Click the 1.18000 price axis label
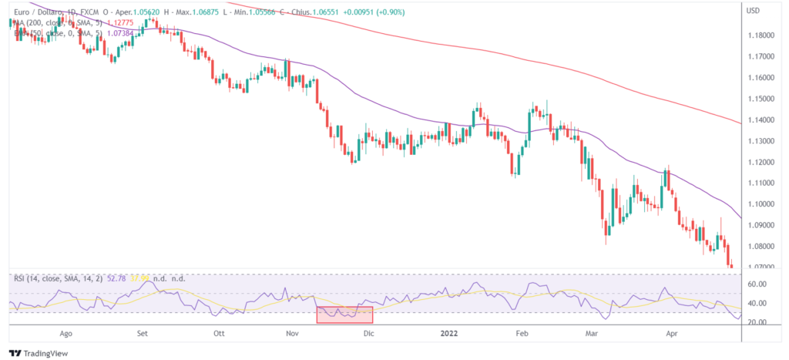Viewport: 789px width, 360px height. [761, 35]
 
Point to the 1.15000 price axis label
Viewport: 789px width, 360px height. [761, 99]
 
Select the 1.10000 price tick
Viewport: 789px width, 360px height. [761, 204]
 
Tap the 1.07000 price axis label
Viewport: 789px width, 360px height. [761, 267]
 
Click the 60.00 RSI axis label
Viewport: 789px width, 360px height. [757, 284]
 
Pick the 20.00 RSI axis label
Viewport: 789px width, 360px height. [757, 322]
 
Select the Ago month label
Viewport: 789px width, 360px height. [66, 335]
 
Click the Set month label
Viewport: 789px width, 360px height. [142, 335]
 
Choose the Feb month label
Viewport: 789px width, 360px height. [522, 335]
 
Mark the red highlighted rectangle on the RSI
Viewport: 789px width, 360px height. [345, 315]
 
